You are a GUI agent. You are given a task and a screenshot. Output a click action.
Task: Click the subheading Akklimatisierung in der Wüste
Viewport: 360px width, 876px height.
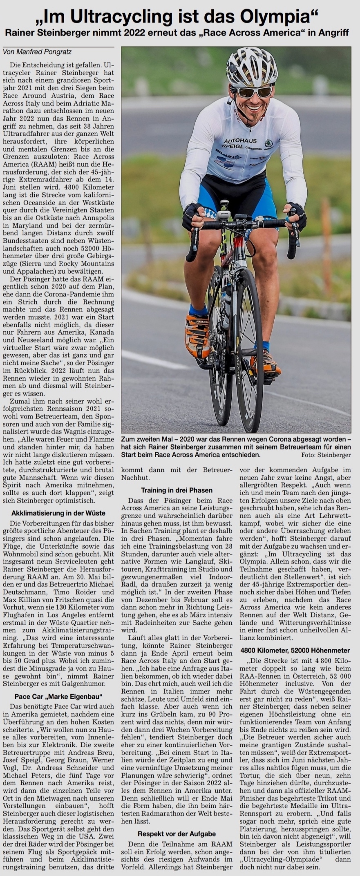coord(58,513)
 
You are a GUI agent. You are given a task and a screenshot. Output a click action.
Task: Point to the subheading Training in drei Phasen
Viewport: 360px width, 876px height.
coord(177,490)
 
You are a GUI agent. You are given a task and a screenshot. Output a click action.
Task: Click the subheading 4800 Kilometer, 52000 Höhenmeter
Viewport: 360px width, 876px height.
coord(295,650)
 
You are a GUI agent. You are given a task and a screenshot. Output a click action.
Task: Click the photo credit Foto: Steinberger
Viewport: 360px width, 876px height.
coord(326,455)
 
